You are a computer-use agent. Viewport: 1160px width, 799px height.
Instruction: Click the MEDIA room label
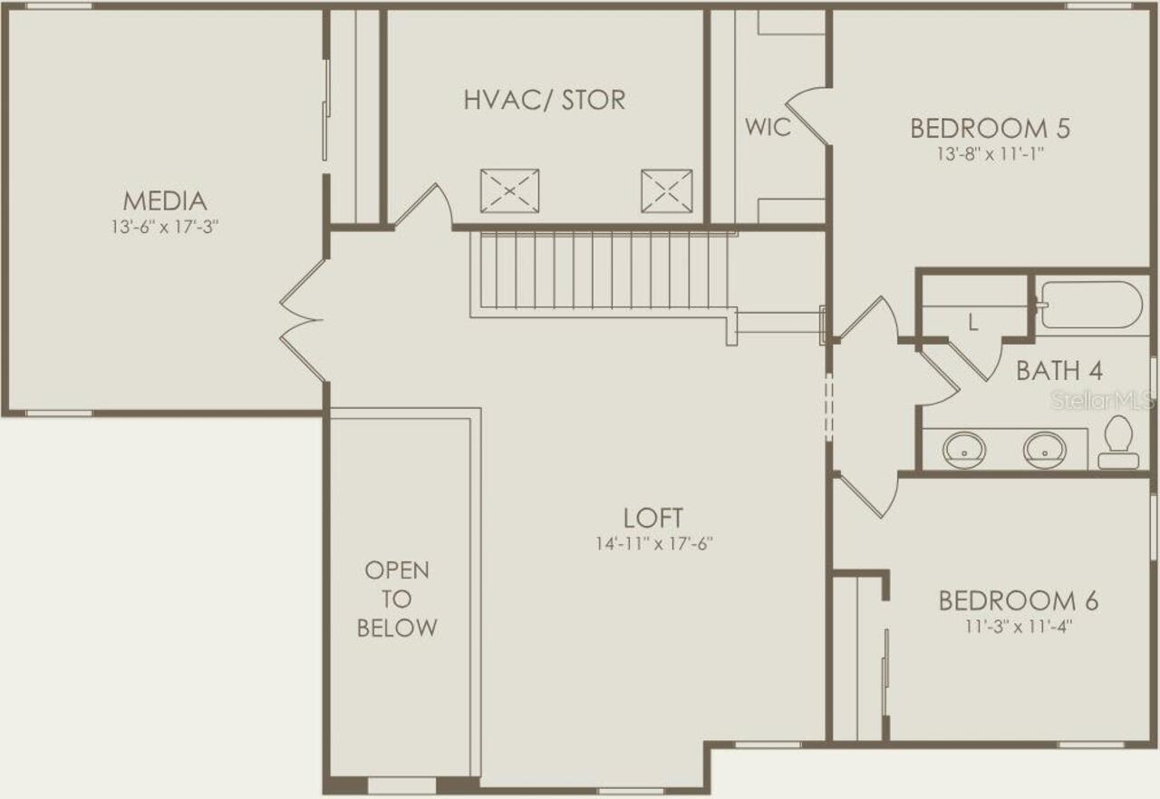click(x=165, y=200)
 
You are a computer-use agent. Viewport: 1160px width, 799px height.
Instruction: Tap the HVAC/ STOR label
click(x=545, y=100)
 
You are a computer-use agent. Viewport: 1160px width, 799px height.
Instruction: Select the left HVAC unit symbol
click(x=509, y=190)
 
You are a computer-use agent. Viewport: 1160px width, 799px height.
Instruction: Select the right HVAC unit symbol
click(x=666, y=190)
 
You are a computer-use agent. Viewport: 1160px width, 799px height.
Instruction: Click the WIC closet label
click(x=768, y=127)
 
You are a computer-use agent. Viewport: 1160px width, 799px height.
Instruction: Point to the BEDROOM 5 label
click(x=990, y=128)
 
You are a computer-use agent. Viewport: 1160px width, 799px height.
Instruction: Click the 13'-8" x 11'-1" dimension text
click(x=990, y=154)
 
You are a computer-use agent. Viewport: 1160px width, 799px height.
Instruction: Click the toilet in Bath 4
click(x=1118, y=442)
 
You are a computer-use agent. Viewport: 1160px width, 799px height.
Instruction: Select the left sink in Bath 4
click(x=963, y=449)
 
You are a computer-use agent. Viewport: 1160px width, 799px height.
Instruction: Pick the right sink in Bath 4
click(x=1044, y=449)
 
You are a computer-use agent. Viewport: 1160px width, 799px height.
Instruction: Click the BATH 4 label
click(x=1059, y=371)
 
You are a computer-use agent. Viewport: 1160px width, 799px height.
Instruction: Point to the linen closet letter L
click(x=972, y=322)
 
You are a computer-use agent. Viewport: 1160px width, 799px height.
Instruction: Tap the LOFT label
click(x=652, y=518)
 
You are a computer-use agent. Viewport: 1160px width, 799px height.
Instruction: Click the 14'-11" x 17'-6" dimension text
click(x=652, y=544)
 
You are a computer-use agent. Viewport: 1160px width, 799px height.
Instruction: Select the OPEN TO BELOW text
click(x=397, y=599)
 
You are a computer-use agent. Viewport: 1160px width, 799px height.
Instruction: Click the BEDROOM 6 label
click(x=1018, y=600)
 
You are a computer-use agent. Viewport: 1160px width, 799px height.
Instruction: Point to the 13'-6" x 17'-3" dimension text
click(x=165, y=226)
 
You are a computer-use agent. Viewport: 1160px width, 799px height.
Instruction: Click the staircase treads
click(x=603, y=269)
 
